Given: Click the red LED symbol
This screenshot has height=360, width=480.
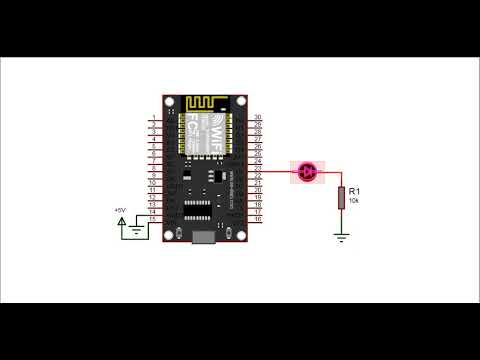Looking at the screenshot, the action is [x=307, y=173].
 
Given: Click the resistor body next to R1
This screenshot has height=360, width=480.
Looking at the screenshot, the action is [x=342, y=196].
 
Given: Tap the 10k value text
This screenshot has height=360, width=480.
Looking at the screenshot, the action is [x=356, y=200].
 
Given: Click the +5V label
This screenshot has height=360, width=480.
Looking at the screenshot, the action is [x=121, y=210].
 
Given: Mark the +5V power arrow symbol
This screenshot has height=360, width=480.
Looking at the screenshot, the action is [x=125, y=222].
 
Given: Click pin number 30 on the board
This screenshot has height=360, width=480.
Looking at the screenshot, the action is [x=258, y=118].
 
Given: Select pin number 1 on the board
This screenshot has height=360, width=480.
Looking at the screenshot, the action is [x=152, y=118].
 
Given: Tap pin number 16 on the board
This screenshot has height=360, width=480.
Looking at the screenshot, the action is [x=258, y=219].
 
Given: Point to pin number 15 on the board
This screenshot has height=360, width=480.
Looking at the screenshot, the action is [x=152, y=219].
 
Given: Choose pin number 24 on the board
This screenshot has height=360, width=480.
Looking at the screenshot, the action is [x=258, y=161].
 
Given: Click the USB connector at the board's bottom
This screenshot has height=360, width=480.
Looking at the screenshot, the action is [x=205, y=238].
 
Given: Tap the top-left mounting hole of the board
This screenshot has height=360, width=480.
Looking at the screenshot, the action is [x=170, y=102].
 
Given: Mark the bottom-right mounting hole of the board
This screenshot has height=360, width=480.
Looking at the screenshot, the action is [x=240, y=234].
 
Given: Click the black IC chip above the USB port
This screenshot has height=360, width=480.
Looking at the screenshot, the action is [x=196, y=210].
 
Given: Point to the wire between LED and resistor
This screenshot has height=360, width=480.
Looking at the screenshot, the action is [x=330, y=173].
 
